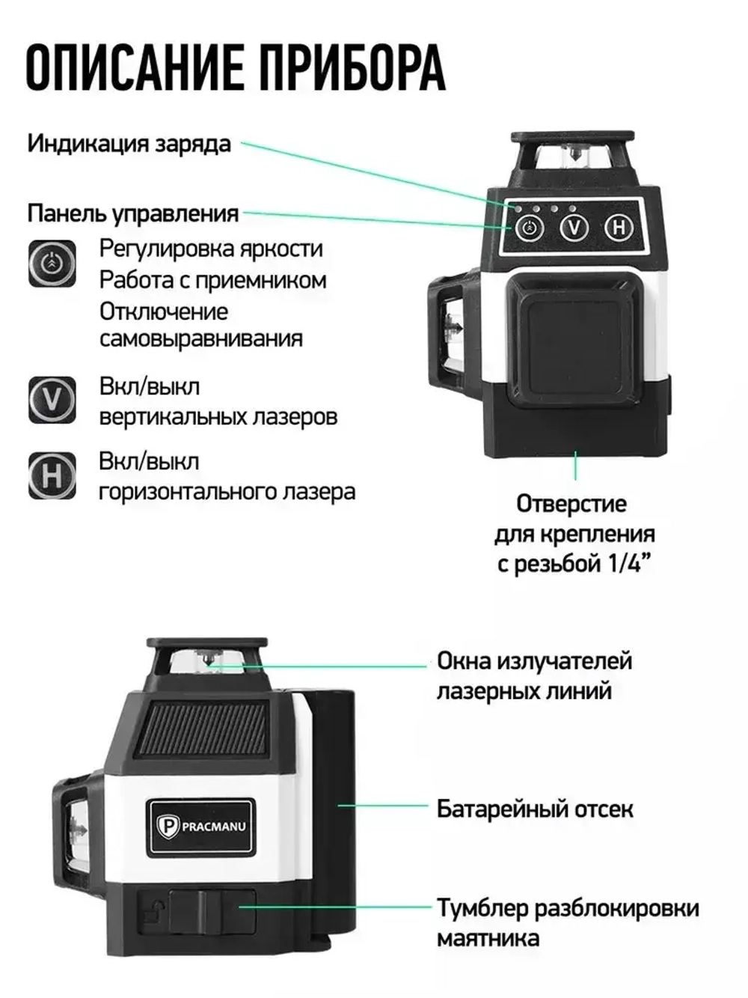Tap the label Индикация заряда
pos(129,143)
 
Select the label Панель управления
pos(133,213)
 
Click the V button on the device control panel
pos(574,227)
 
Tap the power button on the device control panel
pos(530,228)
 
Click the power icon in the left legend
pos(52,264)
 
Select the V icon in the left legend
pos(52,400)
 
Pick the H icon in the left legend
pos(52,475)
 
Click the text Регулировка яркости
pos(211,249)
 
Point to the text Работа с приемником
pos(213,280)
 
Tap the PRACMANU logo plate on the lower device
pos(200,827)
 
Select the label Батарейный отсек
pos(535,809)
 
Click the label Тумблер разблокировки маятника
pos(567,922)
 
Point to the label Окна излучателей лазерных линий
pos(534,675)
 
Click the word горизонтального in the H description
pos(187,492)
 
